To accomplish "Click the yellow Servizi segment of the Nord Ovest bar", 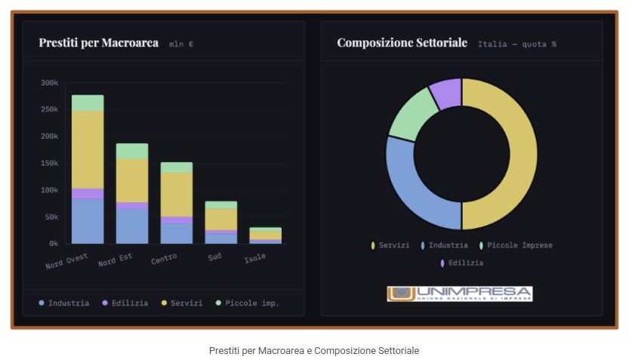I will (x=88, y=149).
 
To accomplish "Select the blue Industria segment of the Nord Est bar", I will (x=132, y=226).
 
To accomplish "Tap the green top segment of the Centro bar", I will (x=176, y=167).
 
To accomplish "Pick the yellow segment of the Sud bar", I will (x=220, y=219).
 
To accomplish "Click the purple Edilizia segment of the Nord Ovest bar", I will (x=88, y=193).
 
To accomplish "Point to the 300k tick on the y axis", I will (x=49, y=83).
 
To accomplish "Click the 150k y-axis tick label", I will (x=49, y=163).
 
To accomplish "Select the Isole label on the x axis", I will (x=254, y=258).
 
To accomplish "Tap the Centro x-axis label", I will (x=164, y=259).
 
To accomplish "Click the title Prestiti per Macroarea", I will (x=98, y=43).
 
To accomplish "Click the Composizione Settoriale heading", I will (x=402, y=43).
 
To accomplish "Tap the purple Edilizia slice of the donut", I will (x=445, y=93).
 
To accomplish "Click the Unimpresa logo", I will (x=460, y=294).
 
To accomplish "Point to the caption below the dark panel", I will (x=313, y=351).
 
